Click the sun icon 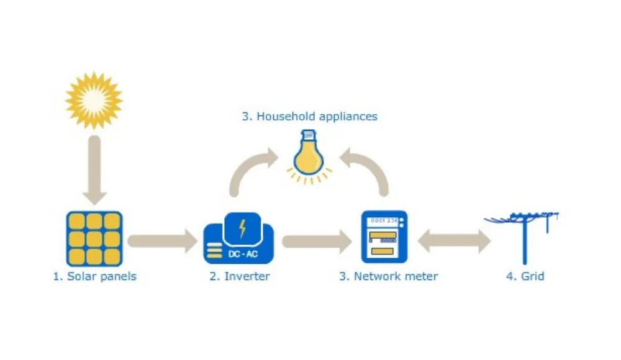[94, 100]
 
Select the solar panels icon [94, 238]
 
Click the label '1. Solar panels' [94, 276]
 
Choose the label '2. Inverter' [240, 276]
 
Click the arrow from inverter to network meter [317, 240]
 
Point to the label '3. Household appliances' [309, 116]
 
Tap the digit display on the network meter [383, 221]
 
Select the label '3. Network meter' [388, 276]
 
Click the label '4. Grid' [525, 276]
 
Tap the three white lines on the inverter [215, 251]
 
